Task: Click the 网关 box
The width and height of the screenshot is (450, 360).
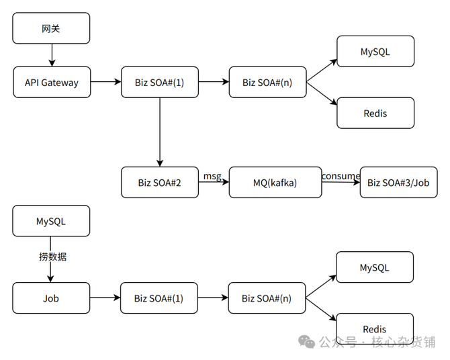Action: (x=51, y=29)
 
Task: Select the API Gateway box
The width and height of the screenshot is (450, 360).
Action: (x=51, y=83)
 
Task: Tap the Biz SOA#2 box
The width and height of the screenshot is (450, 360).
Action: (x=160, y=182)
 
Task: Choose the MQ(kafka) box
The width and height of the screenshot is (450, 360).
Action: (x=275, y=183)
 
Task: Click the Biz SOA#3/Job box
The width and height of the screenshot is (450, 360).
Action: (x=398, y=183)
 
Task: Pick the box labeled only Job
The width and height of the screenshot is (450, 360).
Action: (x=51, y=298)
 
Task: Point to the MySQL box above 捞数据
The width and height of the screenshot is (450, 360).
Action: (x=51, y=221)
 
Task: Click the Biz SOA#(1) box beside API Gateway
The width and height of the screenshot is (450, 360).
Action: (x=160, y=83)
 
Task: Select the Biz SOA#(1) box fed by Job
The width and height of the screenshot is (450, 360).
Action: (x=160, y=298)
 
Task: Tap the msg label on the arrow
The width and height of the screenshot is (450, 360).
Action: (x=212, y=176)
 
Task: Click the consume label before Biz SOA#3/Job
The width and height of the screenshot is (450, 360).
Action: (x=341, y=176)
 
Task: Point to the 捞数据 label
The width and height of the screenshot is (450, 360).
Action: (x=52, y=257)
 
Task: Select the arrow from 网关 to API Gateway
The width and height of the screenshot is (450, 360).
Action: (x=51, y=55)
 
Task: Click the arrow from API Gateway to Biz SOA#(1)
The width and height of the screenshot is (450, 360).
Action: (x=105, y=82)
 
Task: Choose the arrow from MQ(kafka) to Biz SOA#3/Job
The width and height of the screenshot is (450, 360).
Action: (x=341, y=183)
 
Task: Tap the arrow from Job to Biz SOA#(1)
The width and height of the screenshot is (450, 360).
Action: (x=105, y=298)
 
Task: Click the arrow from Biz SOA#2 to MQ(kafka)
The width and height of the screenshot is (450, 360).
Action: (x=214, y=183)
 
